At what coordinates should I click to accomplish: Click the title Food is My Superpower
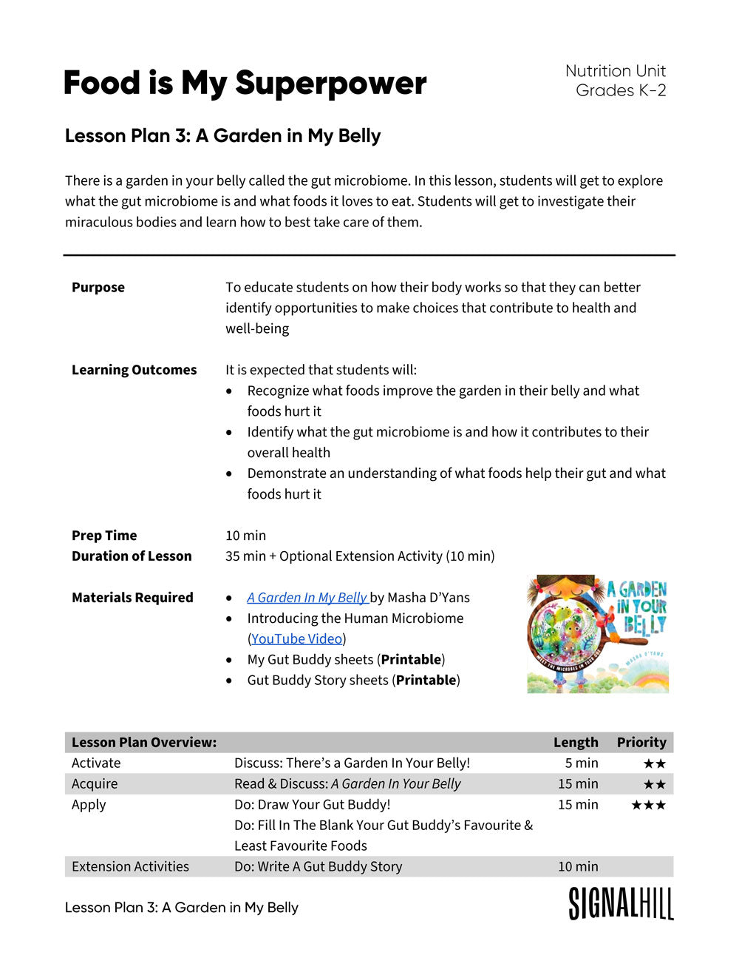point(245,83)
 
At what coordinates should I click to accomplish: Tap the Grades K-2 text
point(621,90)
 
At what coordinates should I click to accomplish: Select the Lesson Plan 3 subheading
point(222,136)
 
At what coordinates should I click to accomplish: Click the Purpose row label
point(98,287)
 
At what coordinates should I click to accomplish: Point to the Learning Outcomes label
point(134,370)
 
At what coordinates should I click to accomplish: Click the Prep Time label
point(104,535)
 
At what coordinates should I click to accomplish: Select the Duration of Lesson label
point(132,556)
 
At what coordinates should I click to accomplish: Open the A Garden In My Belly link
point(307,598)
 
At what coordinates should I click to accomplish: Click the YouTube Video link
point(296,638)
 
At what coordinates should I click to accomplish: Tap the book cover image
point(597,635)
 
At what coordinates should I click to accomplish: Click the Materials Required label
point(132,597)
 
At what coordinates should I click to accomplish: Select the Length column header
point(576,742)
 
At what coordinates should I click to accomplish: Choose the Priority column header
point(641,742)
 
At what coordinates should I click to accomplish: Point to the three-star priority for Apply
point(648,805)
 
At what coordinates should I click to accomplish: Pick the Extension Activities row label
point(130,866)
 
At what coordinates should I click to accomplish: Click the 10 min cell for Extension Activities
point(578,866)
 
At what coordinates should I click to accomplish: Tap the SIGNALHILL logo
point(621,904)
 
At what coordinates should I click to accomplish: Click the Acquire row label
point(95,783)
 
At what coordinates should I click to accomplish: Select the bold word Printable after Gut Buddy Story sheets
point(426,680)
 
